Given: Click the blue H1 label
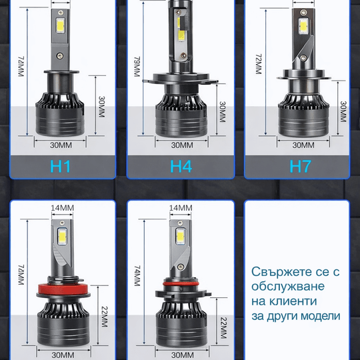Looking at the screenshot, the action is pyautogui.click(x=60, y=166).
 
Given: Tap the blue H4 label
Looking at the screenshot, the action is pyautogui.click(x=181, y=166).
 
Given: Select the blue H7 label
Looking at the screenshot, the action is pyautogui.click(x=300, y=166).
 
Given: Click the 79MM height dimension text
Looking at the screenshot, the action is pyautogui.click(x=137, y=67).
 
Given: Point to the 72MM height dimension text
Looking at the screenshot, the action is pyautogui.click(x=259, y=64).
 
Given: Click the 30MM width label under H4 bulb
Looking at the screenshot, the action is pyautogui.click(x=182, y=145).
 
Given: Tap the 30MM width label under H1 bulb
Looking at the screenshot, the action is pyautogui.click(x=61, y=145).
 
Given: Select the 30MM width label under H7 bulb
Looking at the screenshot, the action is pyautogui.click(x=303, y=145).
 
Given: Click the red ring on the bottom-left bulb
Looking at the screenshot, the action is pyautogui.click(x=64, y=289).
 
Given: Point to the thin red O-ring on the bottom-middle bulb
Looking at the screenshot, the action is pyautogui.click(x=181, y=284).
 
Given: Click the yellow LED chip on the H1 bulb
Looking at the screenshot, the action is pyautogui.click(x=61, y=25).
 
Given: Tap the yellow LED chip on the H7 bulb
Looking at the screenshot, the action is pyautogui.click(x=303, y=25).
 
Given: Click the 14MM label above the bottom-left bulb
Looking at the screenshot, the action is pyautogui.click(x=62, y=208).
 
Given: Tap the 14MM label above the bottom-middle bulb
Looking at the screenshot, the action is pyautogui.click(x=181, y=208).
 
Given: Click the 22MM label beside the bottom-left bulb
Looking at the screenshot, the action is pyautogui.click(x=105, y=317).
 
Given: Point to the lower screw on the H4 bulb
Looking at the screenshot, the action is pyautogui.click(x=183, y=55).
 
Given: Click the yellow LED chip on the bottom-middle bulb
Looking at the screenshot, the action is pyautogui.click(x=181, y=237).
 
